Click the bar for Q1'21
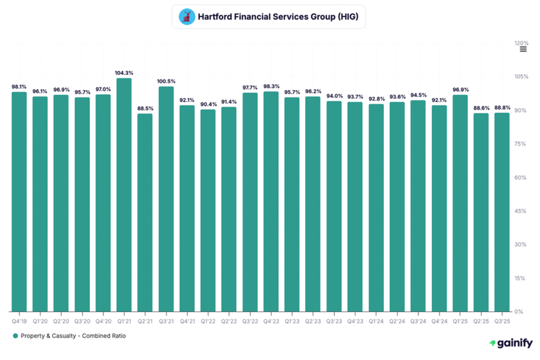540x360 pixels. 124,195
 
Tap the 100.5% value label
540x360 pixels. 166,81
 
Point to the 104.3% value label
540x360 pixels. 124,73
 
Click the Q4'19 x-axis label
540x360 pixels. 19,320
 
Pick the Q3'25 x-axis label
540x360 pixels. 502,320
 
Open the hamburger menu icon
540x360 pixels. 523,49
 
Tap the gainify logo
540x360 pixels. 510,343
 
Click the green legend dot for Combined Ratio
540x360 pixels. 16,336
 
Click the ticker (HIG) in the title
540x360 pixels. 347,17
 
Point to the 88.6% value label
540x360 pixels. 481,108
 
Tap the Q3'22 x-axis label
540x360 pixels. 250,320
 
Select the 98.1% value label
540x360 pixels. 19,86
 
